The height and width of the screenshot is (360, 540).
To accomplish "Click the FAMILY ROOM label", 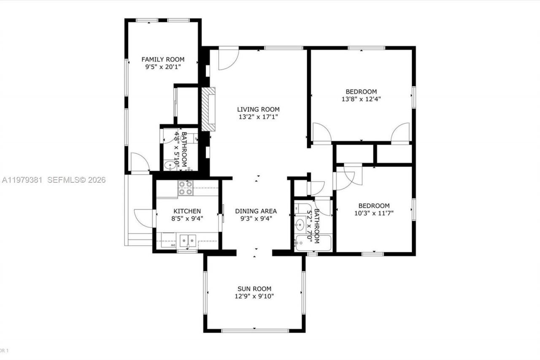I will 162,60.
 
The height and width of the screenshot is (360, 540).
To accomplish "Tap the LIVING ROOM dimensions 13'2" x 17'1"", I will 258,117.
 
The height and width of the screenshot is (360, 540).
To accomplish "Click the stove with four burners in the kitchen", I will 185,188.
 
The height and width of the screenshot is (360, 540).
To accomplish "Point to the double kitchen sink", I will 188,241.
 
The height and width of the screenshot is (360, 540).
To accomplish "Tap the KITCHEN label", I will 187,211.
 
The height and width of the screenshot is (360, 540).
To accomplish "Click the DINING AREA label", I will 256,211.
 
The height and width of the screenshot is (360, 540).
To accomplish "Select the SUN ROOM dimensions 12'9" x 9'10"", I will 254,296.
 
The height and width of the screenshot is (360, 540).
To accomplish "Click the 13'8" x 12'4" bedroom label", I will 361,92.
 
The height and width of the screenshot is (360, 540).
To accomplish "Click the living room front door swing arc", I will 228,60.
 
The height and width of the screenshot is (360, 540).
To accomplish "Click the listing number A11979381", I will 22,180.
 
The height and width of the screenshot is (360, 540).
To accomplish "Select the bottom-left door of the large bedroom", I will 322,133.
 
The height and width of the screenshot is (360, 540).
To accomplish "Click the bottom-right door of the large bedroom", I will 400,133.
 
